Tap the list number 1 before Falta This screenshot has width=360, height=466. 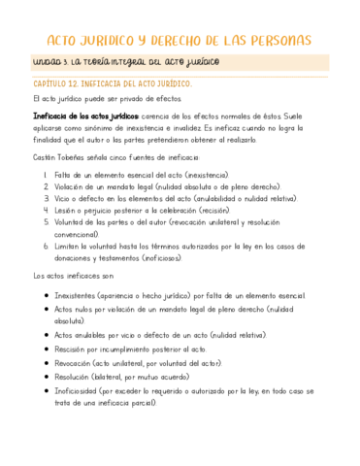point(47,175)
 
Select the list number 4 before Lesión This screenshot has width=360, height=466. point(47,210)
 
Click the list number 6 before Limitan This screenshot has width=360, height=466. point(47,246)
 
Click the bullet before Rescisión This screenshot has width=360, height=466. point(46,349)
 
